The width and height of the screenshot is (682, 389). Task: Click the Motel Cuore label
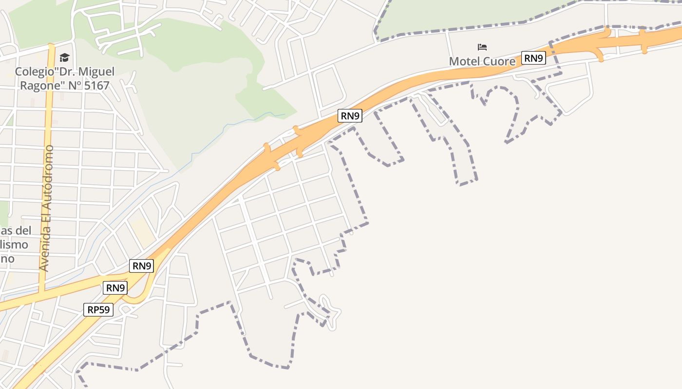[482, 62]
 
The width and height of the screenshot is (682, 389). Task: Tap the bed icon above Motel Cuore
[482, 47]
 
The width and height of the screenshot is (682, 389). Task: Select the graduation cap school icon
[65, 58]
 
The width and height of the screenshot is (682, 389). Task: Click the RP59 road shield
[98, 310]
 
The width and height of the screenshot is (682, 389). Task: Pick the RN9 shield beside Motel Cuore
[533, 58]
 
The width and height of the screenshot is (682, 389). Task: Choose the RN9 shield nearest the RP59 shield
[115, 288]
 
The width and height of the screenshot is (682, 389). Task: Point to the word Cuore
[499, 62]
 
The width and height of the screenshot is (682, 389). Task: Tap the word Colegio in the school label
[33, 72]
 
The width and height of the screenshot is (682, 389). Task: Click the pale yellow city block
[142, 231]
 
